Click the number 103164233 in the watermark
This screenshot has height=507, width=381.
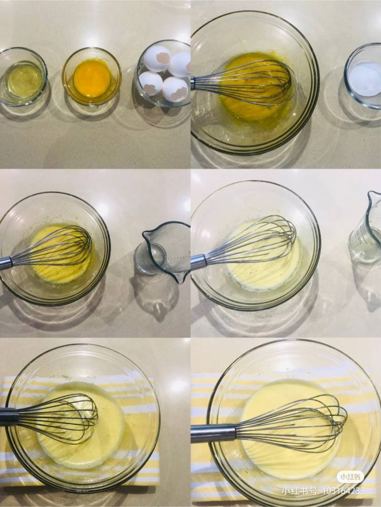[x=343, y=491]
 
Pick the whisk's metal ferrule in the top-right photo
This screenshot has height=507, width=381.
[x=193, y=83]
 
